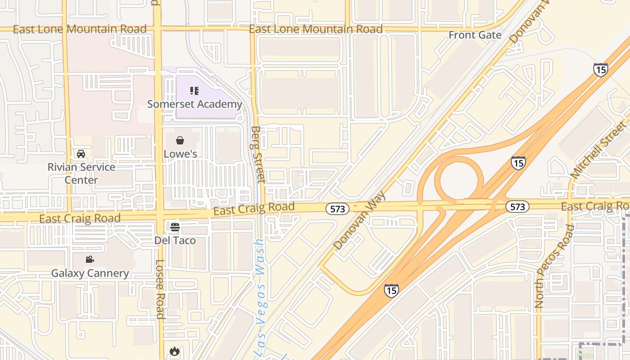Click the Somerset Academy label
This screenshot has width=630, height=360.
tap(194, 104)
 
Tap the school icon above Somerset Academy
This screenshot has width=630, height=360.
tap(194, 91)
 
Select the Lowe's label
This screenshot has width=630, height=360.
tap(180, 154)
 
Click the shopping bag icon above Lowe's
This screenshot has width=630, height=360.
tap(180, 141)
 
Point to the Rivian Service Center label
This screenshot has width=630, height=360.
tap(81, 173)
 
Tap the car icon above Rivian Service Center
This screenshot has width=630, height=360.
tap(81, 154)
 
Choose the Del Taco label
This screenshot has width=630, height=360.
tap(175, 240)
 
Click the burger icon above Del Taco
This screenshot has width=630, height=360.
tap(175, 227)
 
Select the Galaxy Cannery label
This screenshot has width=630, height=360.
tap(90, 273)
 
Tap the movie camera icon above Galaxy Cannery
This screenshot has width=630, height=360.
tap(90, 260)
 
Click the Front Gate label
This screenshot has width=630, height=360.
tap(475, 35)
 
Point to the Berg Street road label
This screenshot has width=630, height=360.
tap(257, 154)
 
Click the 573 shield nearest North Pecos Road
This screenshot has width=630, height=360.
tap(517, 207)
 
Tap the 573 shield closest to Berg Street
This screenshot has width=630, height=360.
tap(337, 209)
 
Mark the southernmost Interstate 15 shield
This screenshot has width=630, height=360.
tap(391, 291)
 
